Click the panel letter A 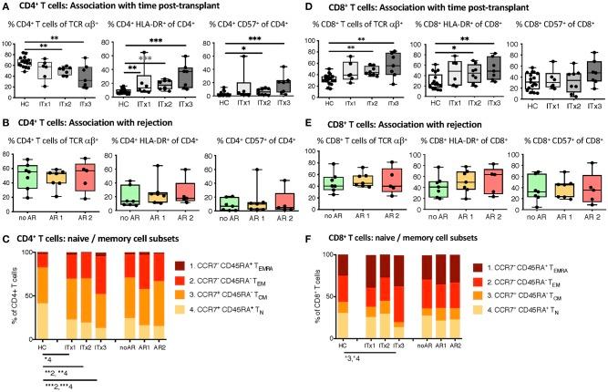pyautogui.click(x=5, y=7)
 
